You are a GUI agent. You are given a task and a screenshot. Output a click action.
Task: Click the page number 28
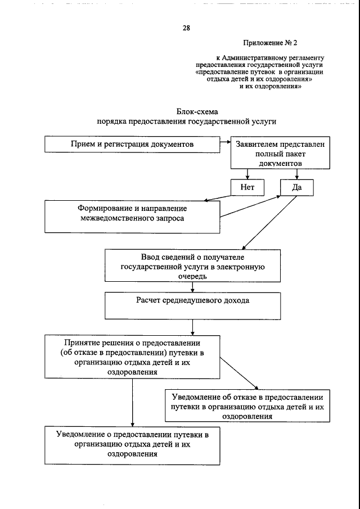(x=186, y=28)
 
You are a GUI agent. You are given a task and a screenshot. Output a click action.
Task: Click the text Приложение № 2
(x=270, y=43)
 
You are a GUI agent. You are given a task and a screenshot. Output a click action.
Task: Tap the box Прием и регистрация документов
(x=132, y=145)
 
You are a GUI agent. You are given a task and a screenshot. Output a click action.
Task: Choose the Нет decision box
(x=247, y=188)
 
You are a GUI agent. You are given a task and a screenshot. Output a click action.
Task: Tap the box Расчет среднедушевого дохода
(x=192, y=305)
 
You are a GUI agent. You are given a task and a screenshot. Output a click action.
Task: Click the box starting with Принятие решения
(x=132, y=357)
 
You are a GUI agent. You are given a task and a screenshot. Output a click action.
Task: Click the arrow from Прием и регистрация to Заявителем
(x=225, y=142)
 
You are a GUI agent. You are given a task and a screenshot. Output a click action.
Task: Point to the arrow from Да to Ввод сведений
(x=264, y=225)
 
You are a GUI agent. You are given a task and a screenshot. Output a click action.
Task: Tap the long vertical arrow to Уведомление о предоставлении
(x=132, y=402)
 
